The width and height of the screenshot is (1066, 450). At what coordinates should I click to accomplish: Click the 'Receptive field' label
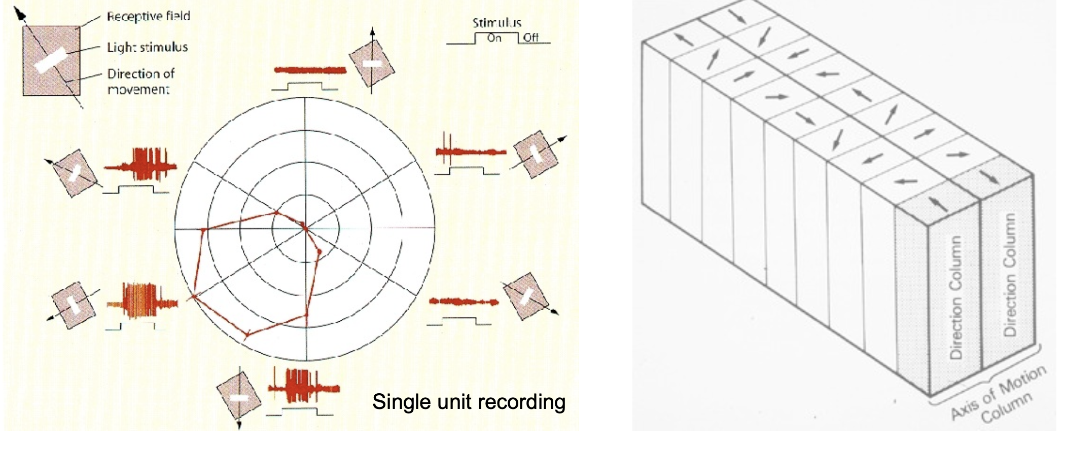(x=148, y=16)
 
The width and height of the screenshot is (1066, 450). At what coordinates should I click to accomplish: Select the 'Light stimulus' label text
(x=147, y=47)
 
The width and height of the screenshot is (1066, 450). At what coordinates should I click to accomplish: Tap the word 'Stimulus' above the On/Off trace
(x=496, y=22)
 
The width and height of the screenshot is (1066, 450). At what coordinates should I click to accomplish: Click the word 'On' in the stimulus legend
(x=494, y=37)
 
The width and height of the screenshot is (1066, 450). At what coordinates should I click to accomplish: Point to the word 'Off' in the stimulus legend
(x=530, y=37)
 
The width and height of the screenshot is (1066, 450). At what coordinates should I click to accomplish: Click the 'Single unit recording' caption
(x=469, y=402)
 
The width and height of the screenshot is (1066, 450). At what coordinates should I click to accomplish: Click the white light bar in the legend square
(x=51, y=60)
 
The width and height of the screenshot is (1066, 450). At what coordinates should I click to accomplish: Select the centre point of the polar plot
(x=305, y=229)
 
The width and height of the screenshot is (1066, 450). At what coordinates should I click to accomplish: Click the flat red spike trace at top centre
(x=310, y=70)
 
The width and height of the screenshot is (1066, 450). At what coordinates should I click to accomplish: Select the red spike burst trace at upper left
(x=141, y=165)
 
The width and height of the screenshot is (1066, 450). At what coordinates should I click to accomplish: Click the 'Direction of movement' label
(x=140, y=81)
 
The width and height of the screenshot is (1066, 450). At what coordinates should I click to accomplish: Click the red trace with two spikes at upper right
(x=470, y=151)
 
